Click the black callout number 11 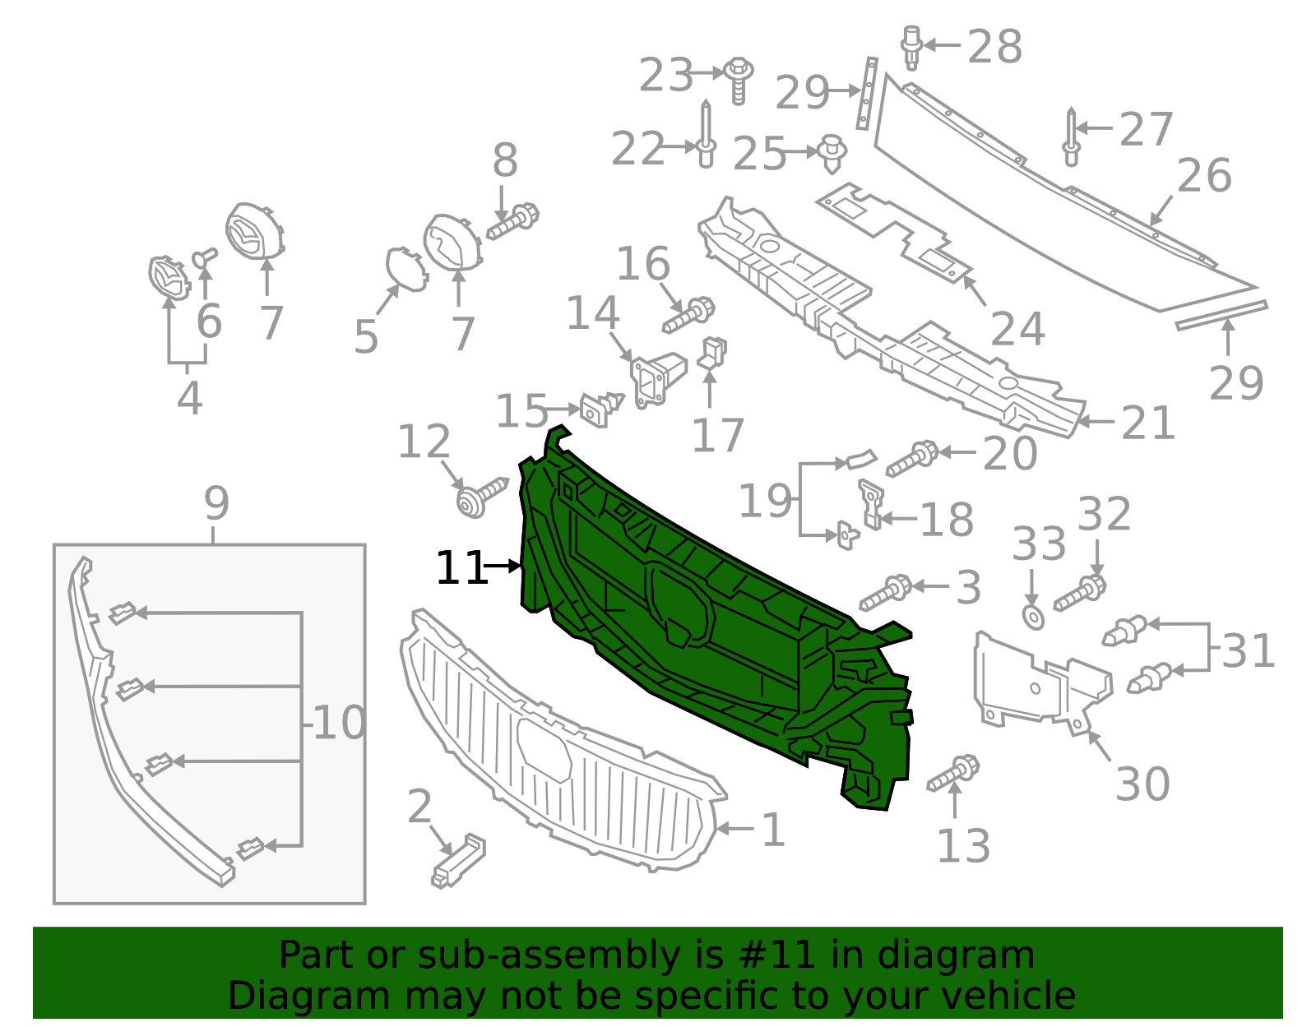pyautogui.click(x=461, y=568)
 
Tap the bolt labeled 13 pyautogui.click(x=954, y=773)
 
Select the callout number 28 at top pyautogui.click(x=994, y=47)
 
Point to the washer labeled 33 pyautogui.click(x=1033, y=617)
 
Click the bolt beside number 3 pyautogui.click(x=886, y=593)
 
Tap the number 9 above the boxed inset pyautogui.click(x=216, y=503)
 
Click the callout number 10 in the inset pyautogui.click(x=339, y=724)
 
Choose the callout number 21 pyautogui.click(x=1148, y=423)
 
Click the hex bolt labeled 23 pyautogui.click(x=739, y=80)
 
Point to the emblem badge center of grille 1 pyautogui.click(x=544, y=749)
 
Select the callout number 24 pyautogui.click(x=1017, y=330)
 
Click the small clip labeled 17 pyautogui.click(x=712, y=354)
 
